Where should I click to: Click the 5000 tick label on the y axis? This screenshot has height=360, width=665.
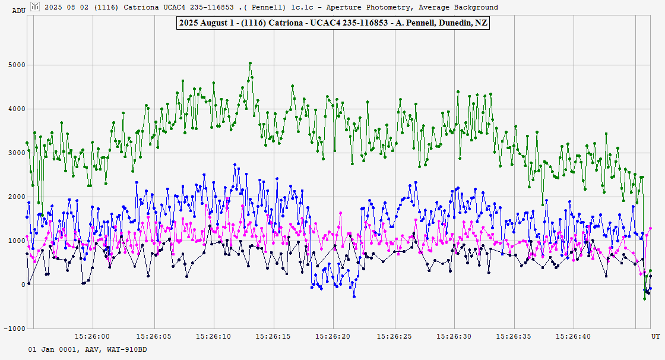(16, 65)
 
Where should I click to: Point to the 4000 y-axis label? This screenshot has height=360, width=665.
(16, 109)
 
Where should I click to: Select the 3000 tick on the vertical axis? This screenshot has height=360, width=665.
(16, 153)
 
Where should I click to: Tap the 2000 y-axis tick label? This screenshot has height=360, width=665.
(16, 197)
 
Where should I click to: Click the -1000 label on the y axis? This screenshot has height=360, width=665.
(14, 329)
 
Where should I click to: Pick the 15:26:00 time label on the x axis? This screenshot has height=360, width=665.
(93, 337)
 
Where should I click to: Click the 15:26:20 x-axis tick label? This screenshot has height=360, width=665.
(333, 337)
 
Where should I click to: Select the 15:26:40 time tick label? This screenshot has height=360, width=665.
(574, 337)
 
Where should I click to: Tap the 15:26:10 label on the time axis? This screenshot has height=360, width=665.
(213, 337)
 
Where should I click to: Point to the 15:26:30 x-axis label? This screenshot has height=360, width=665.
(454, 337)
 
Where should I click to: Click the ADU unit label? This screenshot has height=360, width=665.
(18, 11)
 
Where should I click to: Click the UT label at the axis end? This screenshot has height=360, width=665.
(655, 337)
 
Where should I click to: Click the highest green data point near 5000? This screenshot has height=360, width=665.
(251, 63)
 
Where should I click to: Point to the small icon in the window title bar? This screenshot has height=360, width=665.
(36, 7)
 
